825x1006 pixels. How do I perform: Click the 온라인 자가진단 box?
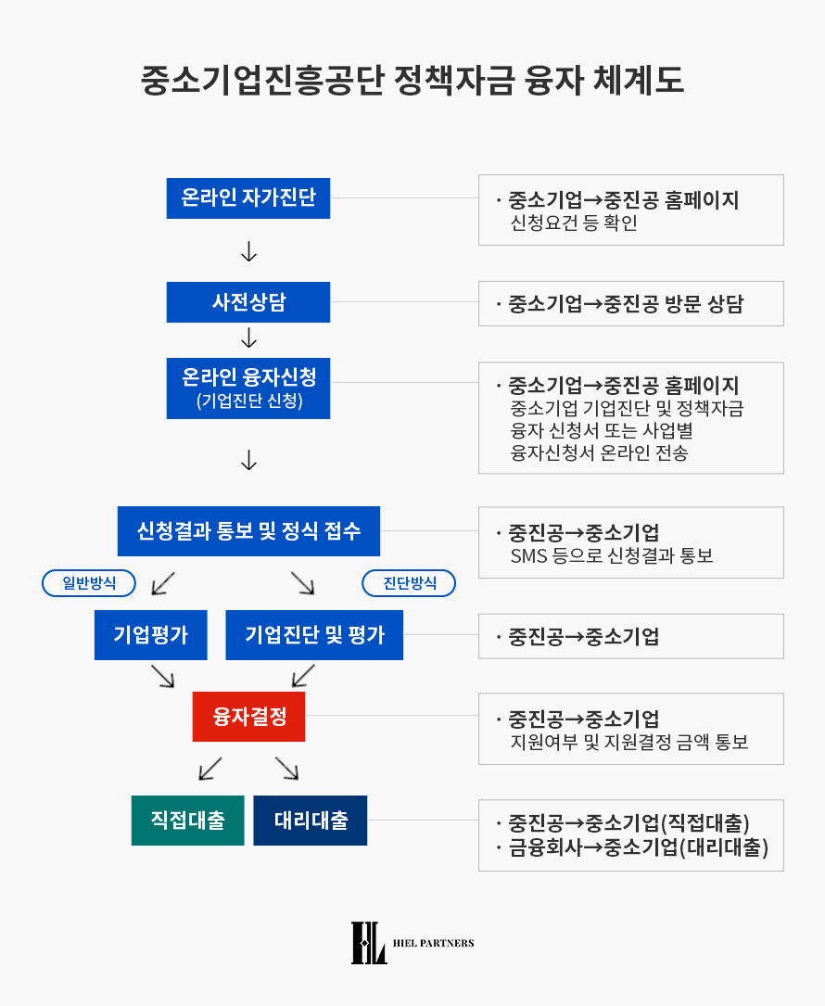(248, 198)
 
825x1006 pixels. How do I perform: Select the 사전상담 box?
(248, 302)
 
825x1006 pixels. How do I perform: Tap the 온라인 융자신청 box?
(248, 388)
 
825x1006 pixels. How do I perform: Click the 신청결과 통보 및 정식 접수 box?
(248, 531)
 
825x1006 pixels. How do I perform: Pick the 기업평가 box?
(151, 635)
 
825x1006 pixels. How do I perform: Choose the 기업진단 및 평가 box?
(314, 635)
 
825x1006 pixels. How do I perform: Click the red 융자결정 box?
(249, 717)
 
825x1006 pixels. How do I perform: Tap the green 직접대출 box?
(188, 821)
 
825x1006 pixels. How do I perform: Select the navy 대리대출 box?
(311, 821)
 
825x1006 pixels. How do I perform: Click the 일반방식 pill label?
(89, 583)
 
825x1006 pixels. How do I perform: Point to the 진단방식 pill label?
(410, 583)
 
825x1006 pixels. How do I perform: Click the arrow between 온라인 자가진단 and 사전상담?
(249, 251)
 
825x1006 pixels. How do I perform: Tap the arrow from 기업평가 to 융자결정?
(163, 676)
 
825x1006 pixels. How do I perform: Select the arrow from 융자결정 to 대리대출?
(286, 769)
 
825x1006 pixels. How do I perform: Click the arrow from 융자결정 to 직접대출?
(210, 769)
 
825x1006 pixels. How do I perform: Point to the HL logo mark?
(369, 943)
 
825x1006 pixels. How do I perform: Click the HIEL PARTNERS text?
(434, 943)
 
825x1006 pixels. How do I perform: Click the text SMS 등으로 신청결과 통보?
(612, 555)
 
